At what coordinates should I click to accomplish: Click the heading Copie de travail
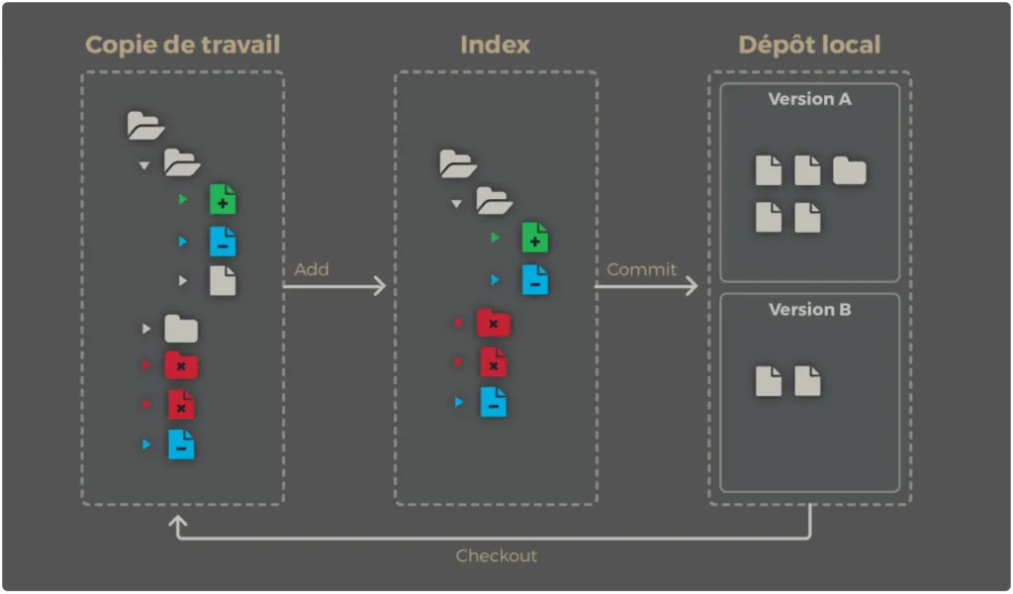pyautogui.click(x=182, y=45)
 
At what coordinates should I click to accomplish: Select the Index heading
pyautogui.click(x=495, y=45)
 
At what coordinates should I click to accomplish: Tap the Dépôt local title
pyautogui.click(x=809, y=45)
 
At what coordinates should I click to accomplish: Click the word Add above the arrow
pyautogui.click(x=312, y=269)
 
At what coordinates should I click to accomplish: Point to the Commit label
pyautogui.click(x=641, y=269)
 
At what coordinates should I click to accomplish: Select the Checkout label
pyautogui.click(x=496, y=555)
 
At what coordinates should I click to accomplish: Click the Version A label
pyautogui.click(x=809, y=99)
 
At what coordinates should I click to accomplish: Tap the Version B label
pyautogui.click(x=809, y=310)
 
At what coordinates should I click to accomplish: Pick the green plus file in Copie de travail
pyautogui.click(x=223, y=200)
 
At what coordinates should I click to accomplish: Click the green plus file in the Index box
pyautogui.click(x=535, y=238)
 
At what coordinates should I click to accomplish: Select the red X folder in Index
pyautogui.click(x=493, y=323)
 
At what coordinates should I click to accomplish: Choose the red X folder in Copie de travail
pyautogui.click(x=181, y=365)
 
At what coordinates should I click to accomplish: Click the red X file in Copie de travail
pyautogui.click(x=181, y=404)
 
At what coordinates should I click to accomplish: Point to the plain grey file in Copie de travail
pyautogui.click(x=223, y=280)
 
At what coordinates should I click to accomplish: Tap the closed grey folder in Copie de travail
pyautogui.click(x=181, y=328)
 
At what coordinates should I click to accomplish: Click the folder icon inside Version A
pyautogui.click(x=849, y=171)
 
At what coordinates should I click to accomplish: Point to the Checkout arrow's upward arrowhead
pyautogui.click(x=178, y=521)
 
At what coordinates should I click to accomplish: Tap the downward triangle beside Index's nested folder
pyautogui.click(x=456, y=203)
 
